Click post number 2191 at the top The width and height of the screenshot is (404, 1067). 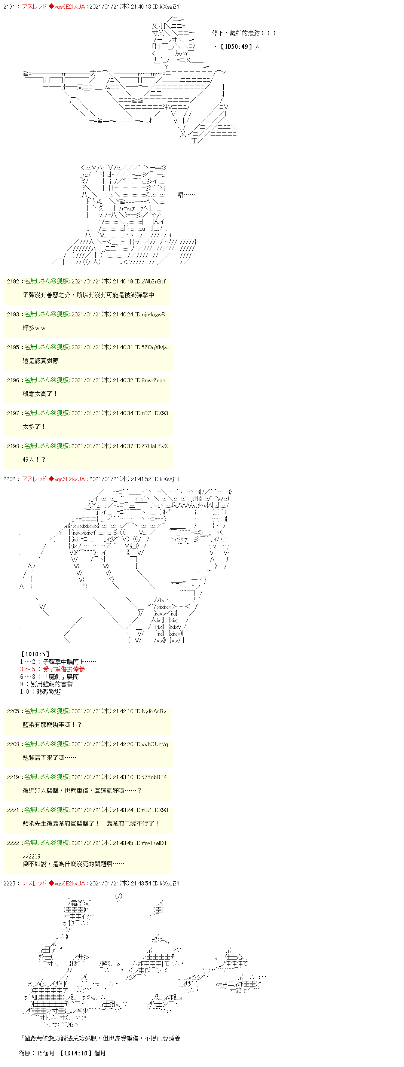9,7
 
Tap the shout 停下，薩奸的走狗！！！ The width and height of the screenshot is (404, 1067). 244,33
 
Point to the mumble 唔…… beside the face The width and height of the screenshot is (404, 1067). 186,195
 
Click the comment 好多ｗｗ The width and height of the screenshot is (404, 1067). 34,328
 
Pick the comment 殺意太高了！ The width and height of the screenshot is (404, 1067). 40,394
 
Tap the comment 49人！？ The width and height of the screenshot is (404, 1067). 34,460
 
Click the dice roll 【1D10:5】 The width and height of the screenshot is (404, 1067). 35,654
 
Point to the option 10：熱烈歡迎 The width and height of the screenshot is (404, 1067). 40,692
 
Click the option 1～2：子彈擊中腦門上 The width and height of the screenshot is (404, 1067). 58,662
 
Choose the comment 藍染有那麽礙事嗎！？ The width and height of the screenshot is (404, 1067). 52,725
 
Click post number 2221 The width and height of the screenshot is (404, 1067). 13,810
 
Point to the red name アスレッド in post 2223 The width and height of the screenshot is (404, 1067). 34,884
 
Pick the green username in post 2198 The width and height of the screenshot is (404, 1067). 46,446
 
